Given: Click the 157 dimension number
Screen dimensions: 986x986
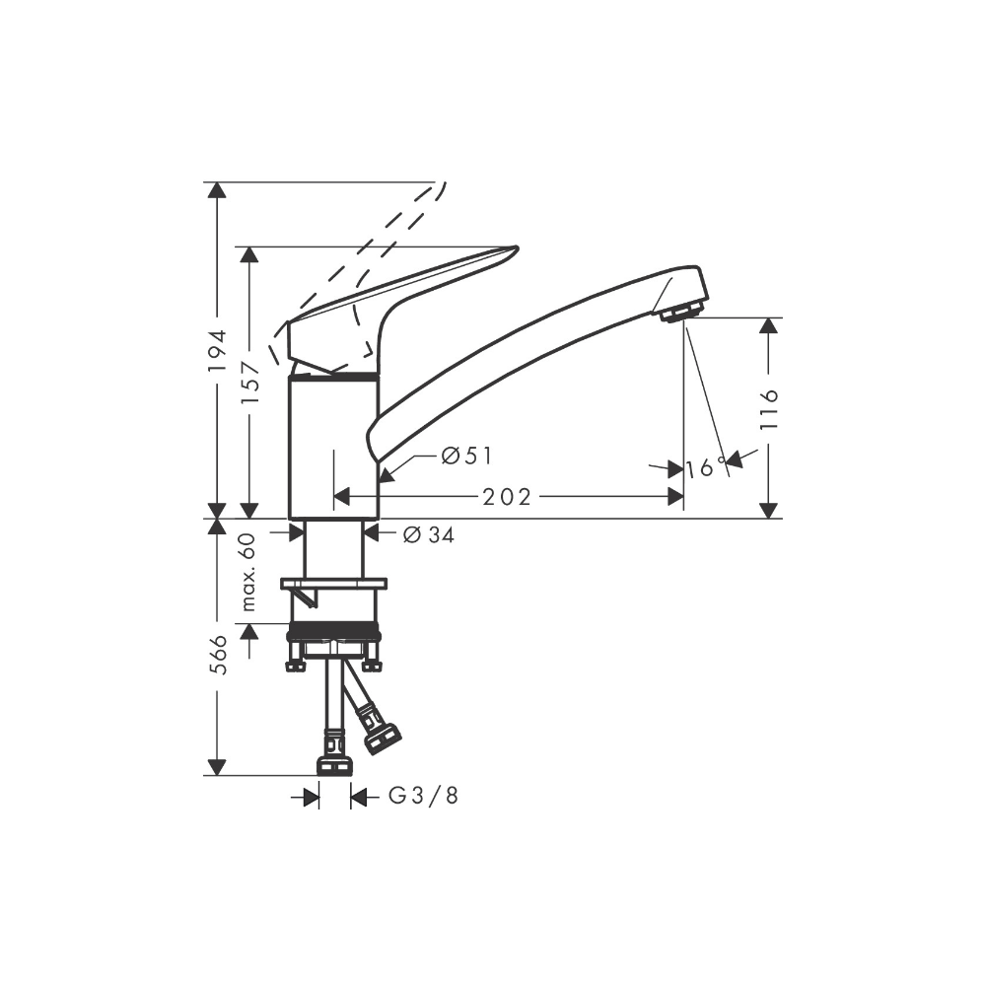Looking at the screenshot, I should click(x=249, y=381).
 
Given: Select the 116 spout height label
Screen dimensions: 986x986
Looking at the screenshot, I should click(x=770, y=408).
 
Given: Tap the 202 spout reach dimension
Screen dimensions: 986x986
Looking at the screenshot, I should click(x=507, y=498).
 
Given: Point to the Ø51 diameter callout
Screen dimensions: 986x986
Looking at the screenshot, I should click(x=466, y=456).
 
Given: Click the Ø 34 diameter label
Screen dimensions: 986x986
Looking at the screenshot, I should click(x=428, y=534).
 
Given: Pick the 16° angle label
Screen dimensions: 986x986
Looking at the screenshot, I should click(x=706, y=467).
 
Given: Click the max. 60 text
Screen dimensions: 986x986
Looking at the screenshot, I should click(x=249, y=572).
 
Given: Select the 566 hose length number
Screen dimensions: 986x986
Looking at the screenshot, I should click(x=218, y=655).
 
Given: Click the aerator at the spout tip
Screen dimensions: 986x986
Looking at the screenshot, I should click(x=681, y=313).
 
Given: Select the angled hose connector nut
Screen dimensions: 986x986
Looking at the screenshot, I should click(x=380, y=736).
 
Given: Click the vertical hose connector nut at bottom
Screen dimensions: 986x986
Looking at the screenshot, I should click(x=334, y=765).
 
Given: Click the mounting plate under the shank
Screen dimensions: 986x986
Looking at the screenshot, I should click(x=333, y=584).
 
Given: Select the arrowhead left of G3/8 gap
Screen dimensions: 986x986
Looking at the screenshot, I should click(x=312, y=797).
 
